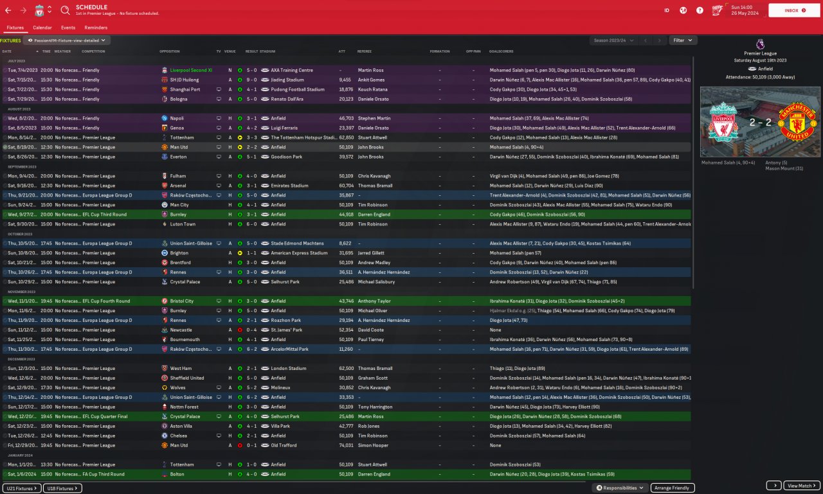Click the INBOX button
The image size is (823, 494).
click(x=794, y=10)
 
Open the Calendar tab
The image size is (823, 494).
click(x=42, y=28)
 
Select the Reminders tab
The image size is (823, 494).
click(x=96, y=28)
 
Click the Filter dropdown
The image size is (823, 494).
click(x=683, y=40)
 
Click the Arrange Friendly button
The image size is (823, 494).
click(x=673, y=488)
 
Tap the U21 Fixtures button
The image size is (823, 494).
click(x=22, y=488)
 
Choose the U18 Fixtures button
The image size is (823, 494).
click(x=62, y=488)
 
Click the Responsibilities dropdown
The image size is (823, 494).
click(x=620, y=488)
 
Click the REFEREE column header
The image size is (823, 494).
click(x=365, y=51)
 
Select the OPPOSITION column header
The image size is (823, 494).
click(x=170, y=51)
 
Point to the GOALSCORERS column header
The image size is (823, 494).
click(x=502, y=51)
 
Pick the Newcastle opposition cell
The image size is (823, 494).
click(x=181, y=330)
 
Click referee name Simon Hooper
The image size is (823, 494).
click(x=373, y=445)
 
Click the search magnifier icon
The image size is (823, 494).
click(x=65, y=10)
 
